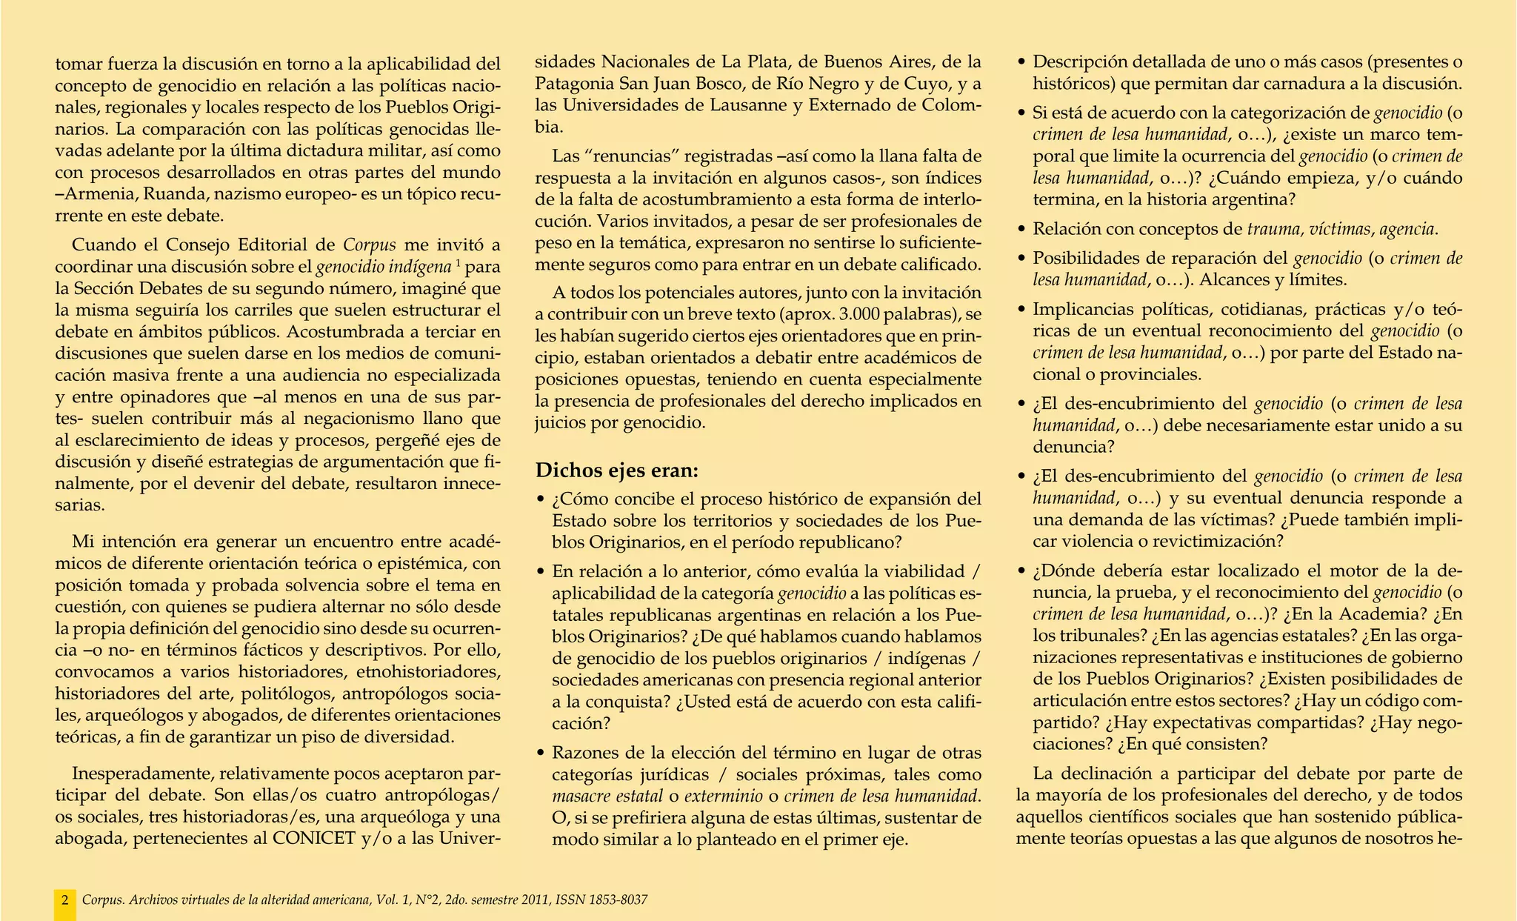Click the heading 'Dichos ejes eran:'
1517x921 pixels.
[617, 471]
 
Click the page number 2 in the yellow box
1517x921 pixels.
[65, 900]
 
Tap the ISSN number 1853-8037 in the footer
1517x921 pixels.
[618, 900]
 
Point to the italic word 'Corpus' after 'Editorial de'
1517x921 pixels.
[370, 245]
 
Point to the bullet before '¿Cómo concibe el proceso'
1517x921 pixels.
[541, 499]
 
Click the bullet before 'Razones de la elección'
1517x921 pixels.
[541, 754]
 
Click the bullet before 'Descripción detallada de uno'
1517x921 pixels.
[1022, 62]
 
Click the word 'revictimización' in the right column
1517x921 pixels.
[1216, 541]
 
